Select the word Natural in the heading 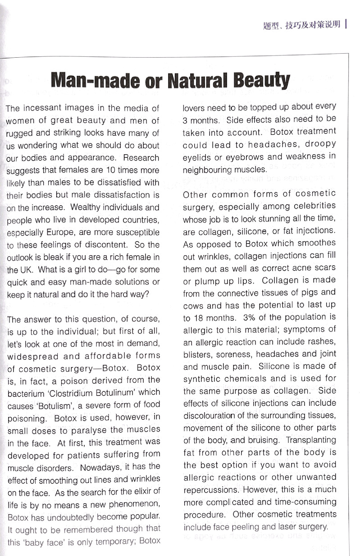[199, 80]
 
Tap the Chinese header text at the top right [301, 24]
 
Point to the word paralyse [87, 430]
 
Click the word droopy [319, 144]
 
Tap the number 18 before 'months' [195, 318]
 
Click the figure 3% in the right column [249, 317]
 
